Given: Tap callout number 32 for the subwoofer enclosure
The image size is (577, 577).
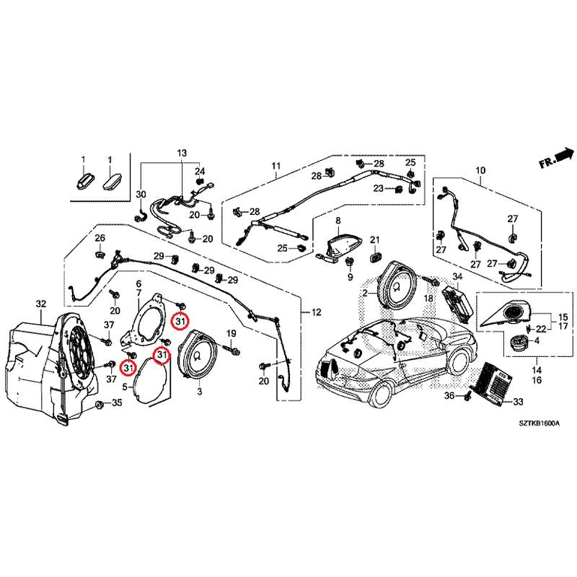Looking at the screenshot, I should [x=40, y=304].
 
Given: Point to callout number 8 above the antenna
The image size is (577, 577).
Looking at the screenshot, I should [x=337, y=220].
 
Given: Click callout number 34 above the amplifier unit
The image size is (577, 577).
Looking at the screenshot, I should [x=457, y=277].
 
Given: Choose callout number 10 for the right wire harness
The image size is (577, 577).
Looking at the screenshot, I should [x=480, y=171].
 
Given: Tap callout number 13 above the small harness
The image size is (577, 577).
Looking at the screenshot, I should [x=180, y=154].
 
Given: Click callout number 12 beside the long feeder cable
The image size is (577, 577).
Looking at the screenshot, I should [x=315, y=312].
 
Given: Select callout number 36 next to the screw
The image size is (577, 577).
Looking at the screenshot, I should [x=449, y=396].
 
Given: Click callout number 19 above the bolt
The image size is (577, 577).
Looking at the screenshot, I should [x=232, y=333].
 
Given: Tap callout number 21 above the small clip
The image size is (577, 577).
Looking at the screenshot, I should [x=374, y=240].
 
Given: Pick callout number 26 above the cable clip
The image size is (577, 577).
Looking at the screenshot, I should [x=100, y=239].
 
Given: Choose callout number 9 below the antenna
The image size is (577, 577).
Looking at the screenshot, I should [x=349, y=277].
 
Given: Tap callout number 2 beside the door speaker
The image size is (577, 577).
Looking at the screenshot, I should [x=365, y=294].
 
